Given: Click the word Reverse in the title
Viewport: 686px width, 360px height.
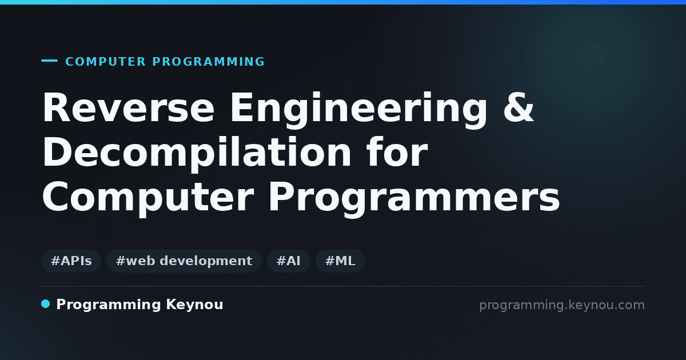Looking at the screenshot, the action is [128, 108].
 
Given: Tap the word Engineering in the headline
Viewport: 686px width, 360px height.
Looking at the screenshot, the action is [358, 110].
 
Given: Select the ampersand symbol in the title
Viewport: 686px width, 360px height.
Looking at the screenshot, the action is [519, 107].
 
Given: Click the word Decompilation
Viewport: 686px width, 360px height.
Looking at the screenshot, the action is [197, 154].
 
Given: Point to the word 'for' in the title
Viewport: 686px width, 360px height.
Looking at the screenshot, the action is [397, 151].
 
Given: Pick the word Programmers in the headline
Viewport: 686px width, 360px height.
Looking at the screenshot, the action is [414, 198].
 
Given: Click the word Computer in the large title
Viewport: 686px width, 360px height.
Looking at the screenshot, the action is [148, 198].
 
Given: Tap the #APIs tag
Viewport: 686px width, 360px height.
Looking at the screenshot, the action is [71, 261].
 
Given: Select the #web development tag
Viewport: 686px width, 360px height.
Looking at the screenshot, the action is [184, 261].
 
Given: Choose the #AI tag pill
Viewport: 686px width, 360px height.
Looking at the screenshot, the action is [289, 261].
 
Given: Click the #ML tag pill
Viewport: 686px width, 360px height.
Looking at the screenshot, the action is [340, 261].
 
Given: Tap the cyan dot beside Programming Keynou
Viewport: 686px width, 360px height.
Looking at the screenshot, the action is [45, 304].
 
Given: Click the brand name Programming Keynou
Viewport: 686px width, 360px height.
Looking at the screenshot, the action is [139, 305].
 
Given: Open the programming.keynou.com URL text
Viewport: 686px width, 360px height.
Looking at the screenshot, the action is [562, 305].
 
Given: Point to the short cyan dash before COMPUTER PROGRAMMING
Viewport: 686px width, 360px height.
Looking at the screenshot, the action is [49, 61].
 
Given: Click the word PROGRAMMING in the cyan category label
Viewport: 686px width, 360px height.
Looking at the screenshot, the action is [208, 62].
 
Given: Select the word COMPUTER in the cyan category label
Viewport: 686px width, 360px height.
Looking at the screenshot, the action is [105, 62].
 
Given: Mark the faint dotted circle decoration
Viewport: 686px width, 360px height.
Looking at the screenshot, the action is [591, 58].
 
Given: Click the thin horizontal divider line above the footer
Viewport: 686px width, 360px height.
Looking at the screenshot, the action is [343, 286].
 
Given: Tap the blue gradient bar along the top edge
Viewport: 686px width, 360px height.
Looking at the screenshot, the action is [343, 2].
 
